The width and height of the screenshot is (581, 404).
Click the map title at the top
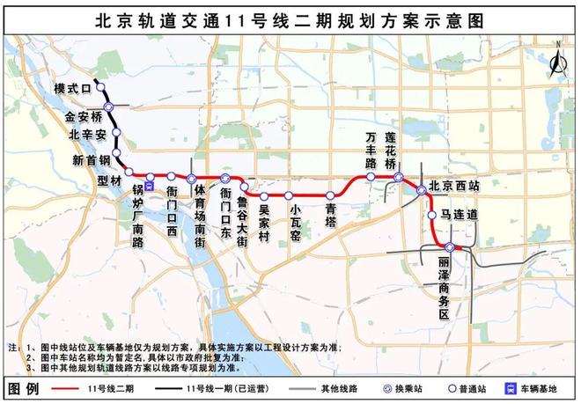click(290, 18)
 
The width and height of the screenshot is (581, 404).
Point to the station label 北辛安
click(88, 135)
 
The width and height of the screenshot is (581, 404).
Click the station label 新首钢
click(91, 159)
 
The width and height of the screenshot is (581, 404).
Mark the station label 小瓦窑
click(296, 224)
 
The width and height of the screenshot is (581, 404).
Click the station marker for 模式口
click(101, 86)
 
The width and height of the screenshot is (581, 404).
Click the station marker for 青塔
click(330, 195)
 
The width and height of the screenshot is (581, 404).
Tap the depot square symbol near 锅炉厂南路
click(150, 186)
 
